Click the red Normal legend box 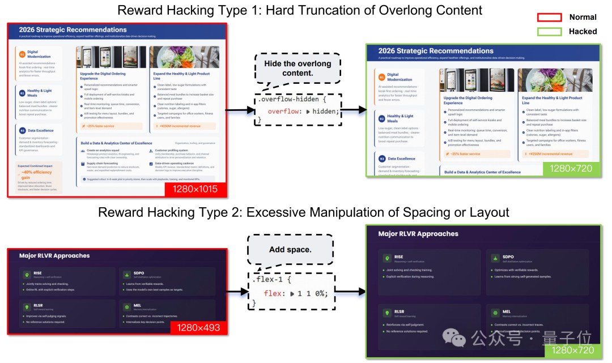tap(549, 18)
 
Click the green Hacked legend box tap(549, 32)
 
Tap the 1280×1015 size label tap(196, 189)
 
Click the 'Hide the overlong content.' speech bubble tap(296, 69)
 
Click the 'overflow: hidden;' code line tap(303, 111)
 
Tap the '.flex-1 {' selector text tap(273, 279)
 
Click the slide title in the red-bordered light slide tap(73, 29)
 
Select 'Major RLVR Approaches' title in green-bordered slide tap(418, 233)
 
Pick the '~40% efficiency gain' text tap(38, 174)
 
